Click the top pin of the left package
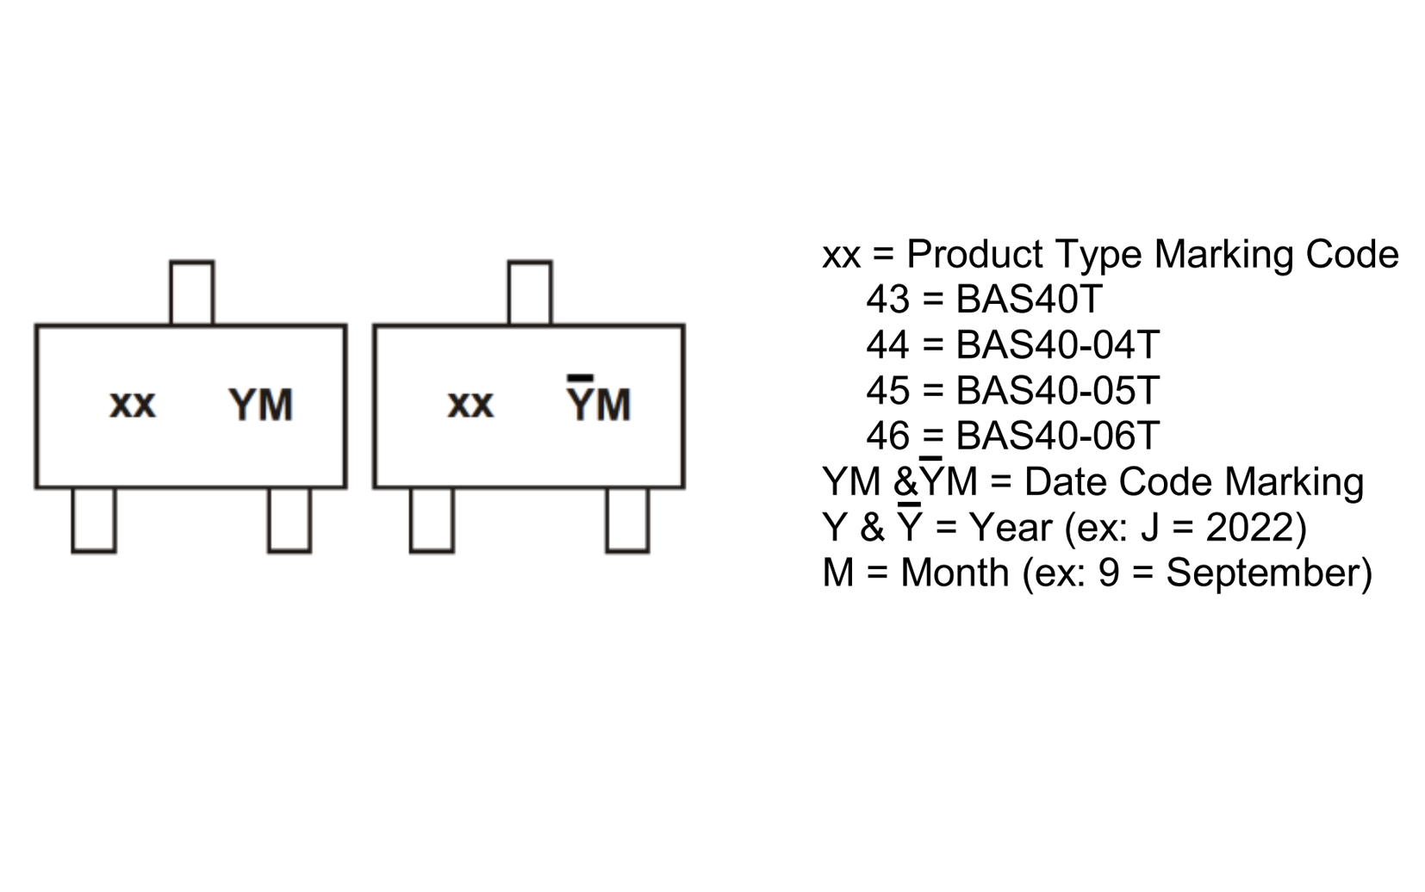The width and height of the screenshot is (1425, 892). point(191,293)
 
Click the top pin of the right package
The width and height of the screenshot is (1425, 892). point(530,293)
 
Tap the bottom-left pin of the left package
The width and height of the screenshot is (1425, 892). point(93,520)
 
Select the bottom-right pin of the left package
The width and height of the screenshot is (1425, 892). point(289,520)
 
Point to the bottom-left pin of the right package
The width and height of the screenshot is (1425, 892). point(432,520)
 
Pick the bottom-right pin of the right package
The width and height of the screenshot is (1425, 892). point(627,520)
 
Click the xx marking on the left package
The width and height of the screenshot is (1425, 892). point(133,405)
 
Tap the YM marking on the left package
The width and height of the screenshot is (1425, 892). point(260,405)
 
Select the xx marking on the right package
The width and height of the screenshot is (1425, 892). point(470,405)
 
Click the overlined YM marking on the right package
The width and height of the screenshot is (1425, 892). point(599,403)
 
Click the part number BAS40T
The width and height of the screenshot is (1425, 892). point(1029,300)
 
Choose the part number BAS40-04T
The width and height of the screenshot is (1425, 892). point(1057,345)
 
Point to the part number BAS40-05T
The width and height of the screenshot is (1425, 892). point(1057,391)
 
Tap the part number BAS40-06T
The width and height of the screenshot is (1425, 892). point(1057,437)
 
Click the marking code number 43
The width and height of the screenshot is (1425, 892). point(887,300)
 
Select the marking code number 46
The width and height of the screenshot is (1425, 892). point(887,437)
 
